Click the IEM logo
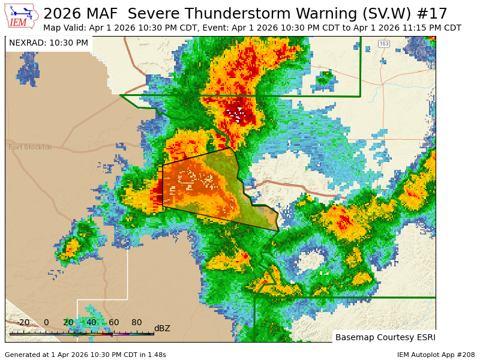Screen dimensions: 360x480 point(22,16)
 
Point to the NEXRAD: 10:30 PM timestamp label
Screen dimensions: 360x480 point(49,43)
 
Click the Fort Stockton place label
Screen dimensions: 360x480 point(30,147)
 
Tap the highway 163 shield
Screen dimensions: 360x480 point(384,44)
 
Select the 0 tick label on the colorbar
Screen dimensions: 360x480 point(46,323)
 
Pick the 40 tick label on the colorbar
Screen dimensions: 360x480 point(91,323)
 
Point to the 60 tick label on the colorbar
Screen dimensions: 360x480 point(114,323)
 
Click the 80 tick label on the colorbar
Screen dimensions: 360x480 point(137,323)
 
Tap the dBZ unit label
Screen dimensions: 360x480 point(162,328)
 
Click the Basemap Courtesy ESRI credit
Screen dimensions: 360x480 point(385,337)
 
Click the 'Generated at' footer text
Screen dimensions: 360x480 point(85,355)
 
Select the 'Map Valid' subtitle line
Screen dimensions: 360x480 point(252,28)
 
